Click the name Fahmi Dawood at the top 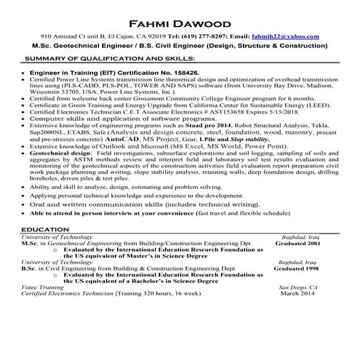[180, 22]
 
